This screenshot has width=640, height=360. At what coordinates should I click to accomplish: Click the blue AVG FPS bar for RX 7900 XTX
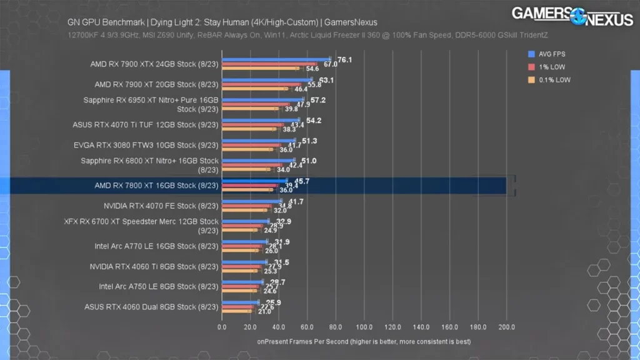[275, 60]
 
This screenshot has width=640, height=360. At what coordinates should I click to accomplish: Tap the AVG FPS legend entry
[551, 54]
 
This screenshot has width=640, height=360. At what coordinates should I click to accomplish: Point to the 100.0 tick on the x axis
[364, 326]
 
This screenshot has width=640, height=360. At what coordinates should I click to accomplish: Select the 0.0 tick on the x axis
[222, 326]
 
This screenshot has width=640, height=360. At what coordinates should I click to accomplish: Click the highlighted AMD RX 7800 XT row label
[156, 186]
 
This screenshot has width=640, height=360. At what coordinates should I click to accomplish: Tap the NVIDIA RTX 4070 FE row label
[161, 206]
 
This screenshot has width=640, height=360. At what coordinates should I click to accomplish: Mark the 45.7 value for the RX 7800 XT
[302, 181]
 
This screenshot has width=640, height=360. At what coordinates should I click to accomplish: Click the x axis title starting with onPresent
[364, 342]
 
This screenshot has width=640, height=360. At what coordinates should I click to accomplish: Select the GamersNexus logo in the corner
[572, 15]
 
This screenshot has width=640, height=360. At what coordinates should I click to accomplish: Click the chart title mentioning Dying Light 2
[222, 22]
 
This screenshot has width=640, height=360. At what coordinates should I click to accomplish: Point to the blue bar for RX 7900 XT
[267, 80]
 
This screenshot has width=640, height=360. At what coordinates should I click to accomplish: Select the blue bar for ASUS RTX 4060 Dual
[241, 302]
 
